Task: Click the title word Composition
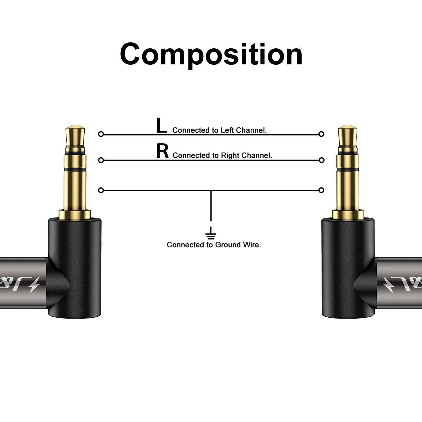pyautogui.click(x=211, y=54)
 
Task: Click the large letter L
pyautogui.click(x=161, y=126)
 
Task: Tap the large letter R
pyautogui.click(x=162, y=151)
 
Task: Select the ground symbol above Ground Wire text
pyautogui.click(x=211, y=235)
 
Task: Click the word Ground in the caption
pyautogui.click(x=228, y=245)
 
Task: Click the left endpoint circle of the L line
pyautogui.click(x=101, y=134)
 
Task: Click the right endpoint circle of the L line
pyautogui.click(x=321, y=134)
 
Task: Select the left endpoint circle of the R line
pyautogui.click(x=101, y=160)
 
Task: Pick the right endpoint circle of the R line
pyautogui.click(x=321, y=160)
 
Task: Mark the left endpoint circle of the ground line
pyautogui.click(x=101, y=190)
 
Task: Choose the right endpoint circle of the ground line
pyautogui.click(x=321, y=190)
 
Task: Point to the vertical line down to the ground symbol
pyautogui.click(x=211, y=207)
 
